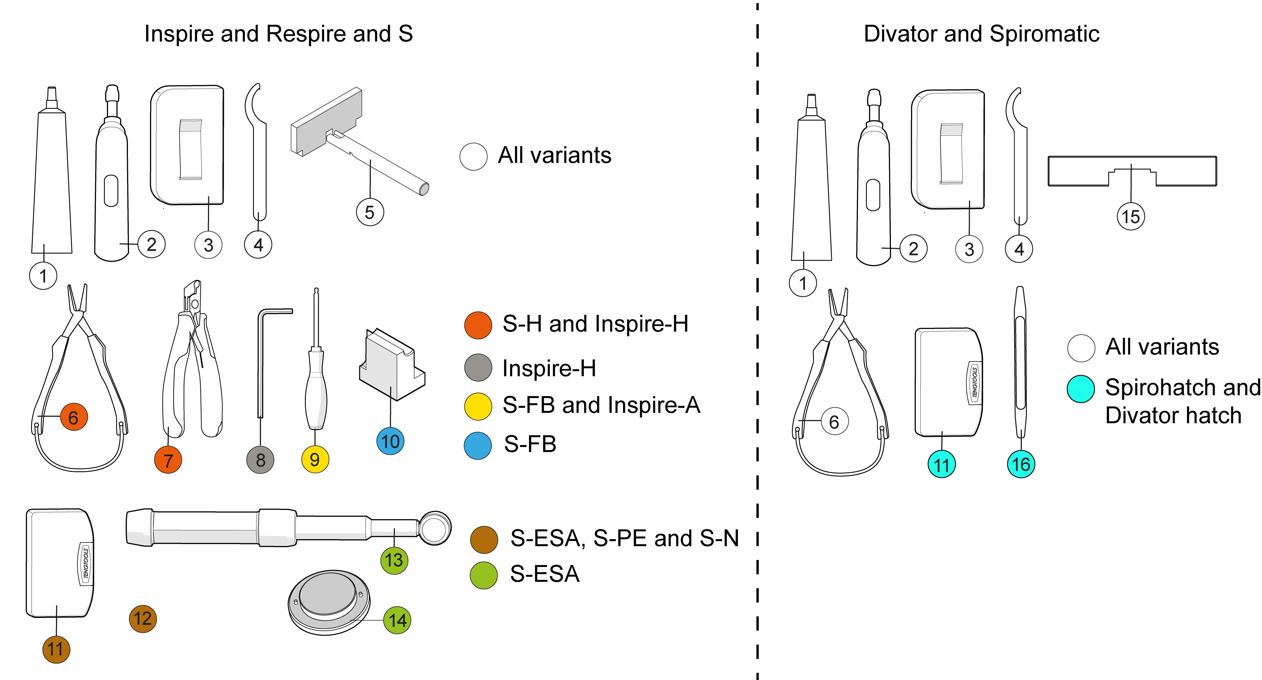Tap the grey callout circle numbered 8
click(260, 460)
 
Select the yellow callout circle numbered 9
click(315, 459)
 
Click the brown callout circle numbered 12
click(142, 618)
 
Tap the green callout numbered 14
click(397, 620)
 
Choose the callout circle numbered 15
click(1131, 217)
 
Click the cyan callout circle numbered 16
click(1021, 464)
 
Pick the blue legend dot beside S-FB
click(478, 445)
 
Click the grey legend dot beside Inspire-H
click(478, 368)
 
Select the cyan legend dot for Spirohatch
click(1081, 389)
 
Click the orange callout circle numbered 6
click(74, 417)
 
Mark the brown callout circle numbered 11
click(56, 649)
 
